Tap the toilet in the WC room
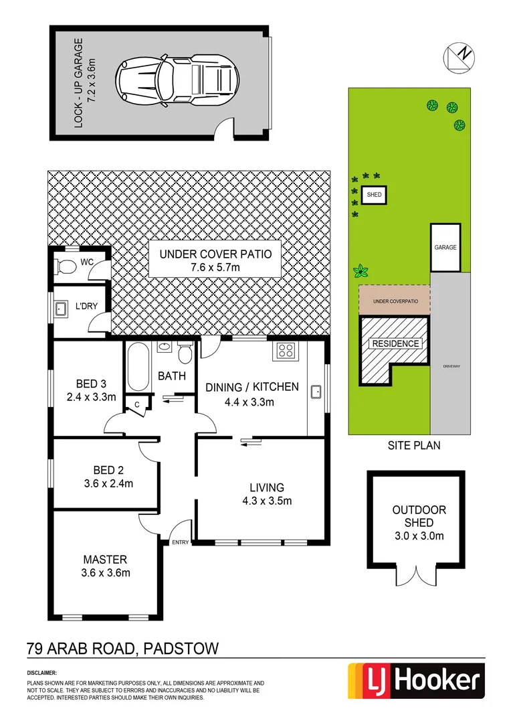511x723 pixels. point(66,266)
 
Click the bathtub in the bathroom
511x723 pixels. point(138,367)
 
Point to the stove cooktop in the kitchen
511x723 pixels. point(286,351)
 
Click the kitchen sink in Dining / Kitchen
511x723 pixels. point(315,392)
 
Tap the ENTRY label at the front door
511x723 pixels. point(180,542)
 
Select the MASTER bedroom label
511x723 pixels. point(105,559)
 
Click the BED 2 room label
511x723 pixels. point(106,469)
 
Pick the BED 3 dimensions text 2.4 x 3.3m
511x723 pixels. point(92,396)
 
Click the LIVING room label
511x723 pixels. point(268,487)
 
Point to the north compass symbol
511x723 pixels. point(461,56)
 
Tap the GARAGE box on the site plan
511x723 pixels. point(445,248)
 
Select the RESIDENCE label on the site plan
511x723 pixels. point(395,343)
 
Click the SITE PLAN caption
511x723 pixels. point(415,445)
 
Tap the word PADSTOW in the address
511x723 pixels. point(180,648)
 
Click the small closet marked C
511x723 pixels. point(136,404)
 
